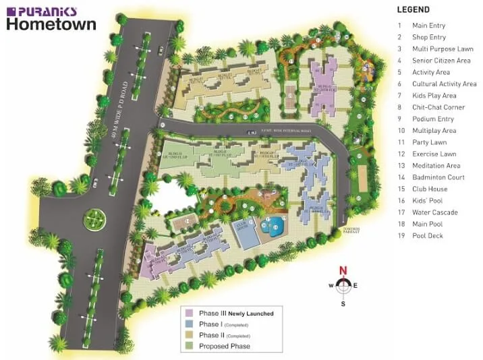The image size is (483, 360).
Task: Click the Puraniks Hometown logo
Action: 51,19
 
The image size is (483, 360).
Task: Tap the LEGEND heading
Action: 413,10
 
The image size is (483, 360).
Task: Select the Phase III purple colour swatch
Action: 190,313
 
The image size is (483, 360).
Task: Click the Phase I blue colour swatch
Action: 190,324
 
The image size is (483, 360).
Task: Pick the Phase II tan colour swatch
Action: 190,335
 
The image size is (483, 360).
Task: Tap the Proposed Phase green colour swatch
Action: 190,346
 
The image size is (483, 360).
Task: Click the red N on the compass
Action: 343,271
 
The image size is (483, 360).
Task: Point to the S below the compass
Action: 343,303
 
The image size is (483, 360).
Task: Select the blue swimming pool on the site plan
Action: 275,227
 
